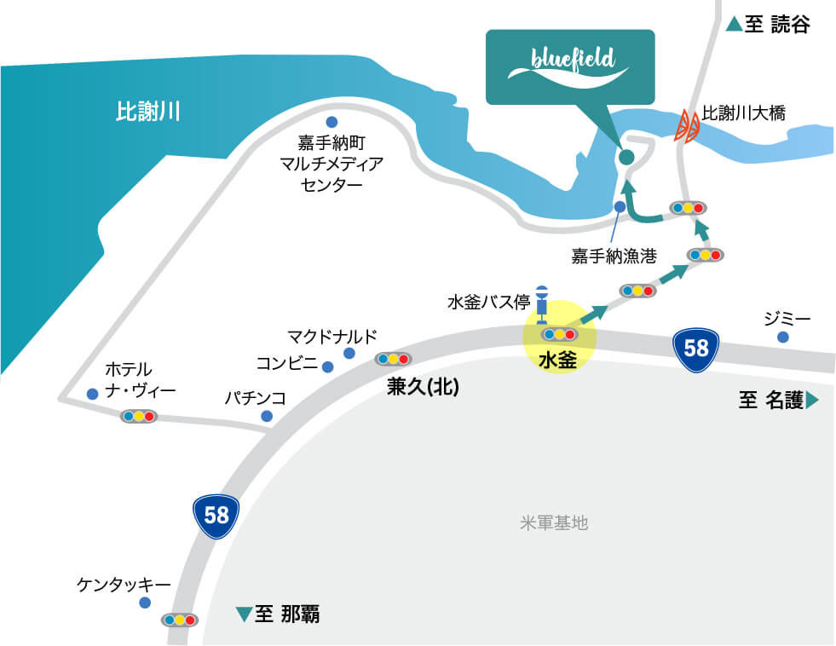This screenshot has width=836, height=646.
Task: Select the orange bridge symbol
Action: [689, 127]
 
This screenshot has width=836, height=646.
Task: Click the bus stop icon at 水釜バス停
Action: [540, 303]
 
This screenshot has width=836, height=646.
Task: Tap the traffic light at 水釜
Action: [559, 334]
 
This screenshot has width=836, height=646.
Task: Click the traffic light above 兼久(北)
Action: [393, 359]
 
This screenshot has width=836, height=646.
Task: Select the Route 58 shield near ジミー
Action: [696, 348]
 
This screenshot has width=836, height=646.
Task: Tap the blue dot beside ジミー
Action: [782, 337]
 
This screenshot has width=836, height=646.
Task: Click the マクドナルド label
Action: [332, 335]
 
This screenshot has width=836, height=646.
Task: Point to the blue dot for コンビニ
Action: [327, 367]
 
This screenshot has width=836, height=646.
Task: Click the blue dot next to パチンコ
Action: [267, 416]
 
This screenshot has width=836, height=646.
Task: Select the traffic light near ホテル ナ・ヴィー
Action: [138, 417]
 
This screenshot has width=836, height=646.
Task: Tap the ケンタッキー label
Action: [124, 585]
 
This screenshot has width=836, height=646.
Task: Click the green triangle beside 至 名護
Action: [812, 400]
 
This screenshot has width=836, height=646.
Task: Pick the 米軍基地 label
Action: [554, 522]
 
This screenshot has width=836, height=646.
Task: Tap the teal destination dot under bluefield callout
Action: [626, 157]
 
